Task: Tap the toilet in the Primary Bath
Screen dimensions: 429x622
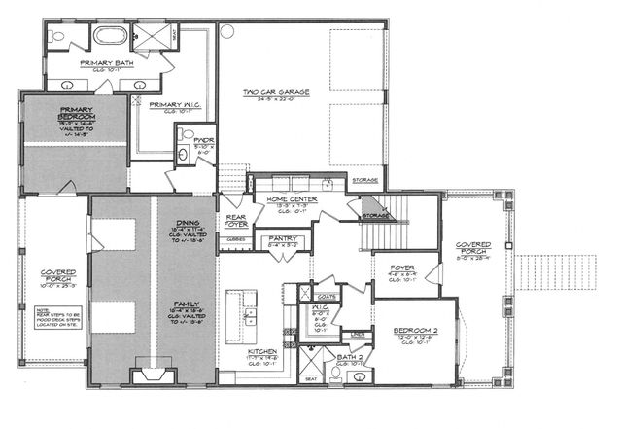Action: tap(58, 38)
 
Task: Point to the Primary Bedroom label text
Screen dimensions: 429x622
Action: tap(75, 115)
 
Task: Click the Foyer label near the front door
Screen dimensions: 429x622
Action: tap(402, 267)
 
